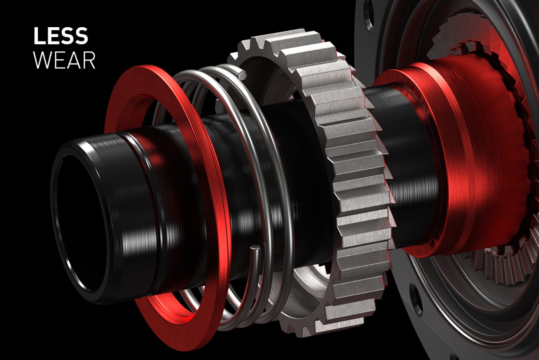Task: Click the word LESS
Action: tap(61, 36)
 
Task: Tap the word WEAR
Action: tap(64, 60)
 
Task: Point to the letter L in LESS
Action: tap(39, 36)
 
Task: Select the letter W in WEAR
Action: tap(44, 60)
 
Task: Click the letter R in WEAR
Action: tap(89, 60)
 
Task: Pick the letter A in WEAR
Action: tap(75, 60)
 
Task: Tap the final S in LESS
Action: tap(81, 36)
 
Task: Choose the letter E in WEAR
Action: tap(61, 60)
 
